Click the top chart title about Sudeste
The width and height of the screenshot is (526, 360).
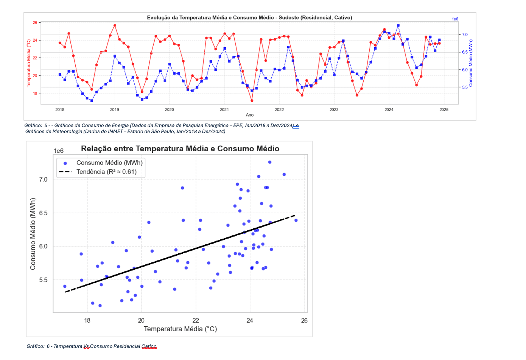tap(249, 18)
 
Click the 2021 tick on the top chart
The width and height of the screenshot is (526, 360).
tap(224, 110)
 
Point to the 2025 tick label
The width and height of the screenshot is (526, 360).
tap(444, 110)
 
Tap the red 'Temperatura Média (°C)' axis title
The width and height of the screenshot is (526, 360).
tap(29, 63)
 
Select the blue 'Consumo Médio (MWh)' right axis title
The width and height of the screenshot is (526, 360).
tap(471, 63)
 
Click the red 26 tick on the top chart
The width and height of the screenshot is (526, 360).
tap(35, 23)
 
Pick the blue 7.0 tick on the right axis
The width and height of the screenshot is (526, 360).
tap(465, 35)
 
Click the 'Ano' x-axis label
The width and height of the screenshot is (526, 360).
tap(249, 115)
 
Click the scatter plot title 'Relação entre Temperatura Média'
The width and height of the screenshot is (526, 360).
tap(180, 149)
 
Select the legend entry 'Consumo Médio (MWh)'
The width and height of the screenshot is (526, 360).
tap(109, 163)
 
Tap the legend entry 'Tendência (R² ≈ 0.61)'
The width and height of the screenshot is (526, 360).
tap(106, 172)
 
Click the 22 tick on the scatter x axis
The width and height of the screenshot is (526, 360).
tap(196, 321)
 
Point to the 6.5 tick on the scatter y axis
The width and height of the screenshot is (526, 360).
tap(43, 213)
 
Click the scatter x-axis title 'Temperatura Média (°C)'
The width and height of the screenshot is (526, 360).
tap(180, 329)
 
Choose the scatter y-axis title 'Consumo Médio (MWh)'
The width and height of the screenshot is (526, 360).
tap(33, 234)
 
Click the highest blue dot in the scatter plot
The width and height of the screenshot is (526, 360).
tap(270, 162)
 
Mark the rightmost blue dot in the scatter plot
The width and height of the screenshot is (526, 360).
tap(296, 220)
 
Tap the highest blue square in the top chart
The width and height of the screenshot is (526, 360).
tap(398, 26)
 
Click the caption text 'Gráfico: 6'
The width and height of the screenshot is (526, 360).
tap(38, 346)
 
